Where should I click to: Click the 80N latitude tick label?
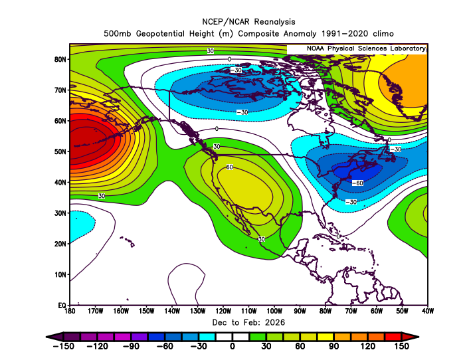pos(60,59)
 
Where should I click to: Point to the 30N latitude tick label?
pos(60,213)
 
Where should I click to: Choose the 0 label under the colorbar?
pos(232,346)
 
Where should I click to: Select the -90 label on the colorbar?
pos(130,346)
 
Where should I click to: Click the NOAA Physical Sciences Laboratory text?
pos(365,49)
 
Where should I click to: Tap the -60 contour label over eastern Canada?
pos(357,183)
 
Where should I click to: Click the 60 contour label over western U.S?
pos(231,167)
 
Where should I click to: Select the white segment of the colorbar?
pos(232,336)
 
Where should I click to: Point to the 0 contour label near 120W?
pos(216,128)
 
